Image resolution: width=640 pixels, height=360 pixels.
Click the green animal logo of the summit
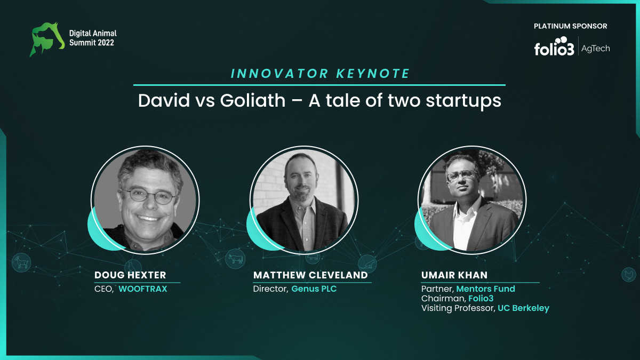[47, 39]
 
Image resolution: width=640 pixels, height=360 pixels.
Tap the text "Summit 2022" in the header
[92, 43]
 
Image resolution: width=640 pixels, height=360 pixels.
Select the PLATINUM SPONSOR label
[570, 26]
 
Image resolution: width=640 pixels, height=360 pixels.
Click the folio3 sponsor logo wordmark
[554, 46]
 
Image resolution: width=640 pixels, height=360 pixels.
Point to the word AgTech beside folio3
[595, 49]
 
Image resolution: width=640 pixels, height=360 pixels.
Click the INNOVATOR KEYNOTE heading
[321, 74]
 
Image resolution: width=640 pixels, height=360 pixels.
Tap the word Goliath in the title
[253, 101]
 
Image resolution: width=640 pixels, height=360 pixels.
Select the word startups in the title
[463, 101]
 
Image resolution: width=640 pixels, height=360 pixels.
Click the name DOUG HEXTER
[130, 275]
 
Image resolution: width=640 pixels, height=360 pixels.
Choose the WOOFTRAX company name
[143, 289]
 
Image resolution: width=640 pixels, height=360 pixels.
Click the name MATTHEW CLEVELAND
[310, 275]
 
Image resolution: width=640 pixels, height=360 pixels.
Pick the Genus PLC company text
[314, 289]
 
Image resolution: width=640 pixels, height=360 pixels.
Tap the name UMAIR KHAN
[454, 275]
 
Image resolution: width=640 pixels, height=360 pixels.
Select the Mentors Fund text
[486, 289]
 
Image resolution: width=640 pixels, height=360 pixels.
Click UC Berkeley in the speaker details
[523, 308]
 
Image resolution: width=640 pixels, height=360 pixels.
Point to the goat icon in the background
[21, 262]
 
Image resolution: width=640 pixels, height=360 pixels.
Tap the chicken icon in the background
[629, 275]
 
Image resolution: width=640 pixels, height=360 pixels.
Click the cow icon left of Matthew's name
[235, 259]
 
